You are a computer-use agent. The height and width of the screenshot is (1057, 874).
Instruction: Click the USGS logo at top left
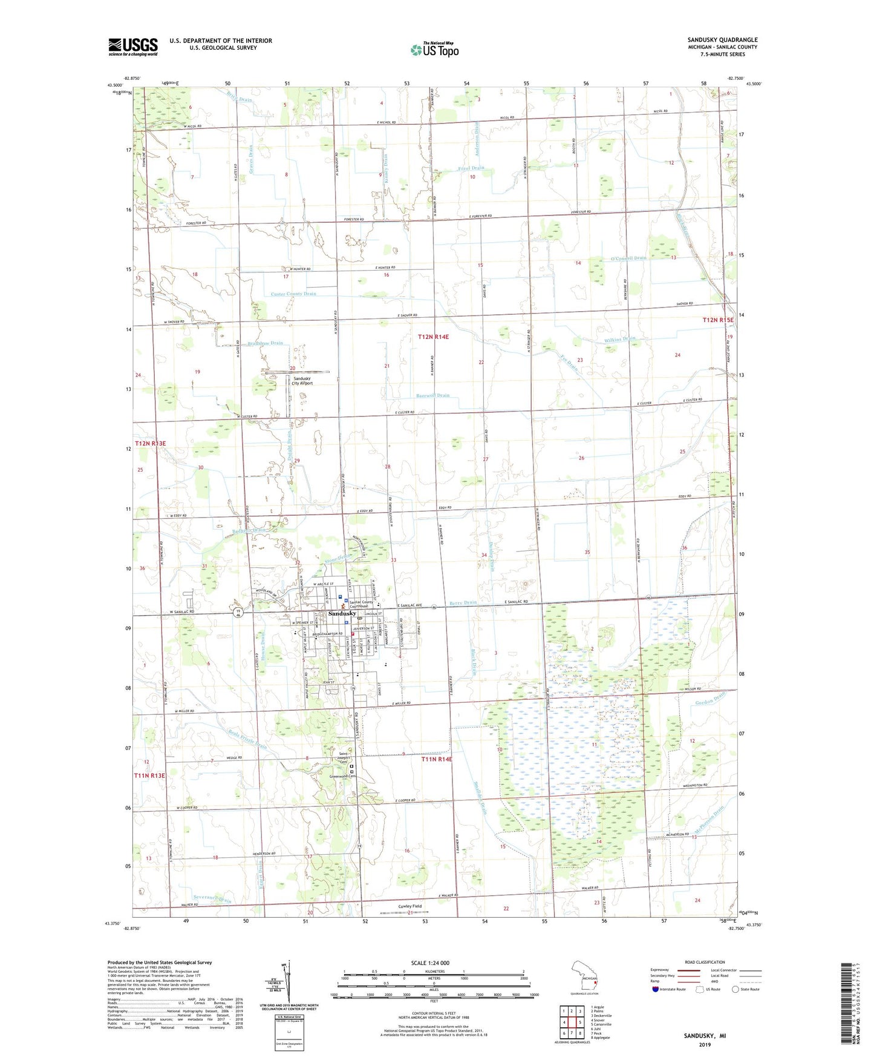point(133,47)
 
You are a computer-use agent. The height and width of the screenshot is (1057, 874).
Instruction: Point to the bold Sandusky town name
point(342,613)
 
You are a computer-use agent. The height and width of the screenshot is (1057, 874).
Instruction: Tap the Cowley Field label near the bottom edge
point(409,906)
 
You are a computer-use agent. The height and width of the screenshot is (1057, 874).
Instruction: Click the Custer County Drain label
point(293,294)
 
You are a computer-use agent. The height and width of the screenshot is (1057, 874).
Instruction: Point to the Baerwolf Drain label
point(432,395)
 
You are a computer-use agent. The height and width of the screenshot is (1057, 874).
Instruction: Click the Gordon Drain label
point(710,697)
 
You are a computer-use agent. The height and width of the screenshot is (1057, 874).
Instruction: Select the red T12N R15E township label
point(717,320)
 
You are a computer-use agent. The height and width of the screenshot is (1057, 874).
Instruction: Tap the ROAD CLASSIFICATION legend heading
point(705,962)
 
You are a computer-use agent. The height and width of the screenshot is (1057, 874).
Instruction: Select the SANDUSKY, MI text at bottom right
point(705,1036)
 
